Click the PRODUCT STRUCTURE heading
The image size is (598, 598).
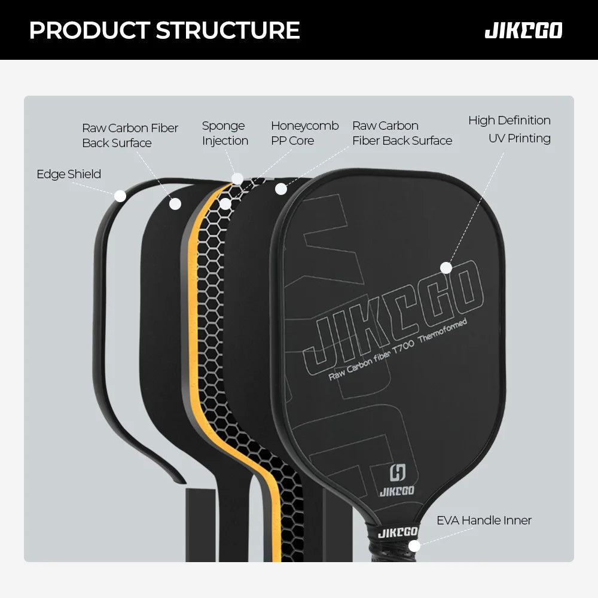point(164,30)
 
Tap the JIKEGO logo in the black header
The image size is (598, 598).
point(523,30)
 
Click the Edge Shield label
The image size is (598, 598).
point(69,175)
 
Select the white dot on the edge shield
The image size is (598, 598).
point(120,196)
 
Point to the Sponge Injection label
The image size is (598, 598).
point(225,133)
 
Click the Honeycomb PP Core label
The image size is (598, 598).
point(304,133)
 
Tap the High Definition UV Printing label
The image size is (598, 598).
point(509,129)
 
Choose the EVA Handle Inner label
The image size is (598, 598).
point(484,521)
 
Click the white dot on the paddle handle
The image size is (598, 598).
point(414,545)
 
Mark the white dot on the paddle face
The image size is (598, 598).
point(446,268)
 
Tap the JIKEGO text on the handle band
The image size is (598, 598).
point(398,532)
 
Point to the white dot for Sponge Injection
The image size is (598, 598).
point(237,179)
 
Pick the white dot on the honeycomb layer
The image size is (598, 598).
point(225,204)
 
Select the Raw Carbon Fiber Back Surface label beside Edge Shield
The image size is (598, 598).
point(130,136)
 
